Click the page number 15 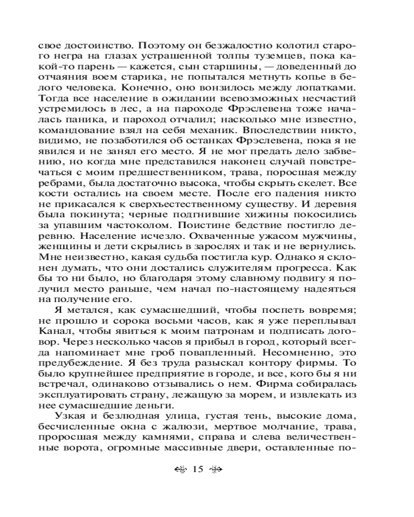[198, 469]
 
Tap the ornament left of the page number [181, 470]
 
